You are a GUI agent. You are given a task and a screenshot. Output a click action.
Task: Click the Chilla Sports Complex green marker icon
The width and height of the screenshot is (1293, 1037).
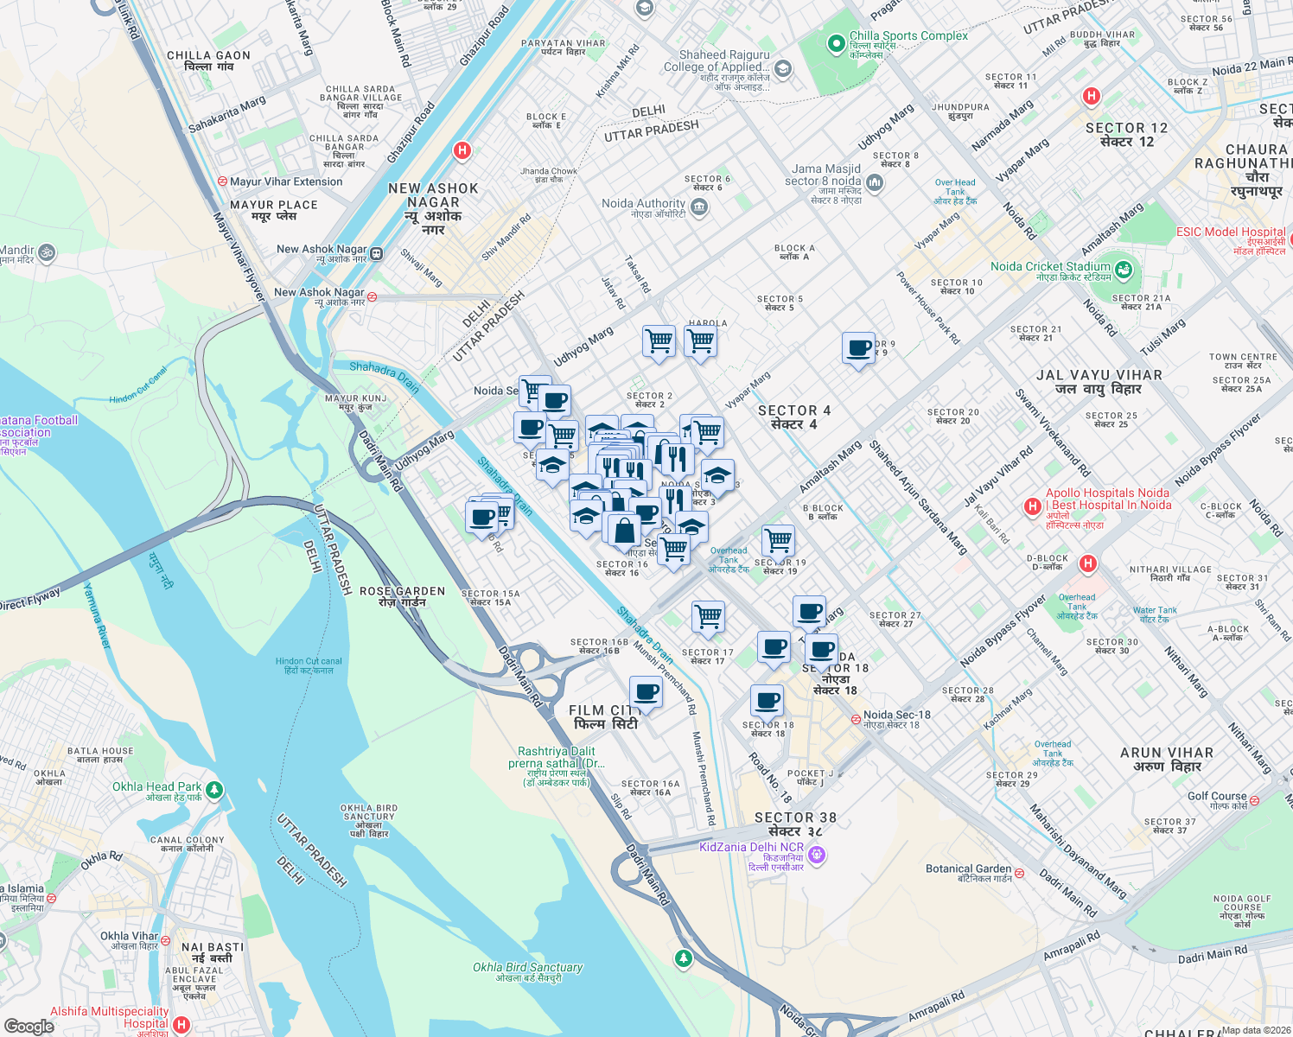coord(836,43)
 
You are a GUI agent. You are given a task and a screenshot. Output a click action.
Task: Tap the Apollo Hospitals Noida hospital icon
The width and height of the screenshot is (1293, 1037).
coord(1032,506)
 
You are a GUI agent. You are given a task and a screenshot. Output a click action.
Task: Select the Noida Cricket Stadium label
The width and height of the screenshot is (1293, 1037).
coord(1050,267)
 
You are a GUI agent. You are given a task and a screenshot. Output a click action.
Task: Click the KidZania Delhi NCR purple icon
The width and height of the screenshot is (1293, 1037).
coord(817,856)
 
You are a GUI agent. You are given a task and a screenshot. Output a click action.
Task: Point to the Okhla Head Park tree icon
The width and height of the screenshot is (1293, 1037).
coord(214,790)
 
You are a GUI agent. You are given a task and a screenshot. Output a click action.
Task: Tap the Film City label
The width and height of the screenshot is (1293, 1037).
coord(606,716)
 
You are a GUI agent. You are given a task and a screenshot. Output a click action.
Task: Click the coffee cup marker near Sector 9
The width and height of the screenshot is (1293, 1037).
coord(858,349)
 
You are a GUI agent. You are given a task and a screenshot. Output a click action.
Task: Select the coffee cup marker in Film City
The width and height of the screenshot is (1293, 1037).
coord(645,693)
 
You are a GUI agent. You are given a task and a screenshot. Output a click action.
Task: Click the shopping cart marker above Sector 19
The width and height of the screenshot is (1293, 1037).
coord(778,541)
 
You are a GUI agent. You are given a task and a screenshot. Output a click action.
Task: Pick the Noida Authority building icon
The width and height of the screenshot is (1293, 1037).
coord(699,207)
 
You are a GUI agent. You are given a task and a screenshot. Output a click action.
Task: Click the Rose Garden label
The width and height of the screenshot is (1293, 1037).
coord(402,596)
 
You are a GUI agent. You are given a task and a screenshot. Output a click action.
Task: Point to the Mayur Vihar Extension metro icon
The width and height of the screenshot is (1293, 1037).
coord(222,182)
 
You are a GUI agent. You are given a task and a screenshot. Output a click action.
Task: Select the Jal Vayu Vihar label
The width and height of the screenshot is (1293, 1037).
coord(1099,382)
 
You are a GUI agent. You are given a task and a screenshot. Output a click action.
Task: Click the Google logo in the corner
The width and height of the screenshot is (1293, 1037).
coord(29,1026)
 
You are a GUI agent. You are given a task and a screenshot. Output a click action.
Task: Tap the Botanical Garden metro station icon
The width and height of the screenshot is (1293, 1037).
coord(1019,873)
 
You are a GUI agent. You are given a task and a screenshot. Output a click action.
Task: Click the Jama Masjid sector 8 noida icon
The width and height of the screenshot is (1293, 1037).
coord(874,182)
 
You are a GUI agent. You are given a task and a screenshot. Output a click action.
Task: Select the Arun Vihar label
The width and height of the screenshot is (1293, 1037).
coord(1166,760)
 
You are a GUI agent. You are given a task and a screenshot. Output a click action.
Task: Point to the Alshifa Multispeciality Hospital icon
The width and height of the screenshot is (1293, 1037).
coord(181,1025)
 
